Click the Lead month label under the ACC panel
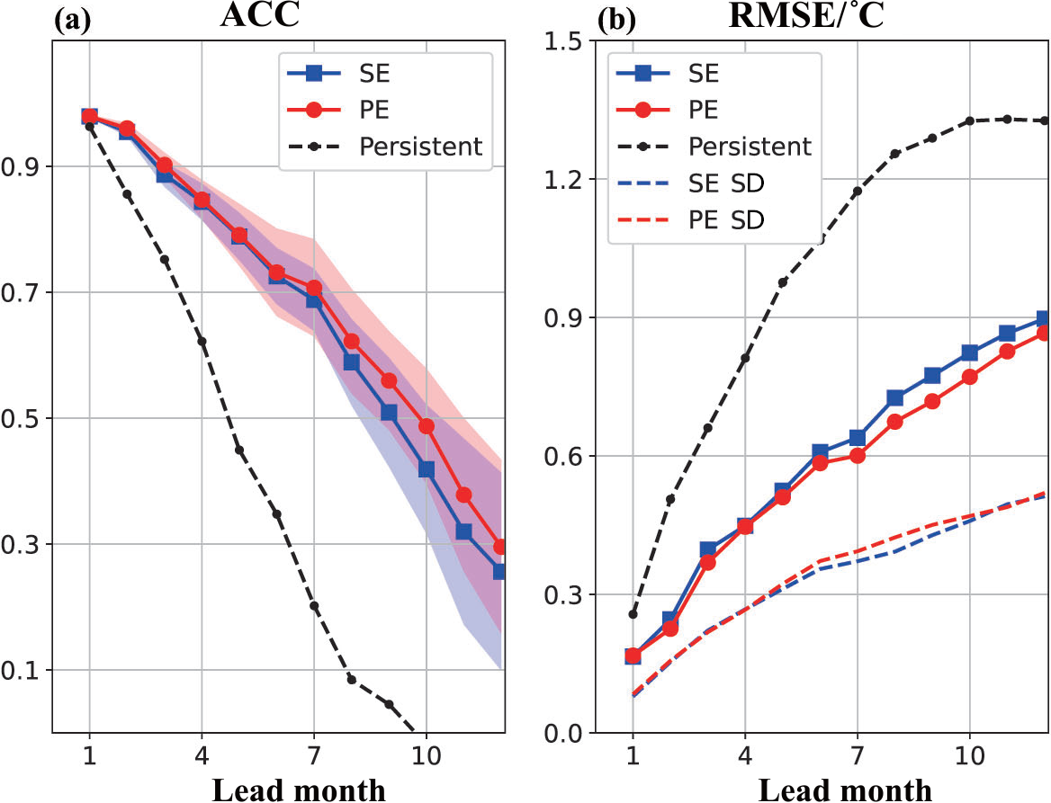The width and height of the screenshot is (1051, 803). pyautogui.click(x=299, y=789)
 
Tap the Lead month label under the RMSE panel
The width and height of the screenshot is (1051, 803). pyautogui.click(x=845, y=789)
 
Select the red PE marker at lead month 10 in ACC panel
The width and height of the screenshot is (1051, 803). pyautogui.click(x=427, y=426)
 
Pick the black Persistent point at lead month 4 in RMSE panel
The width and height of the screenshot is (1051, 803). pyautogui.click(x=745, y=358)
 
